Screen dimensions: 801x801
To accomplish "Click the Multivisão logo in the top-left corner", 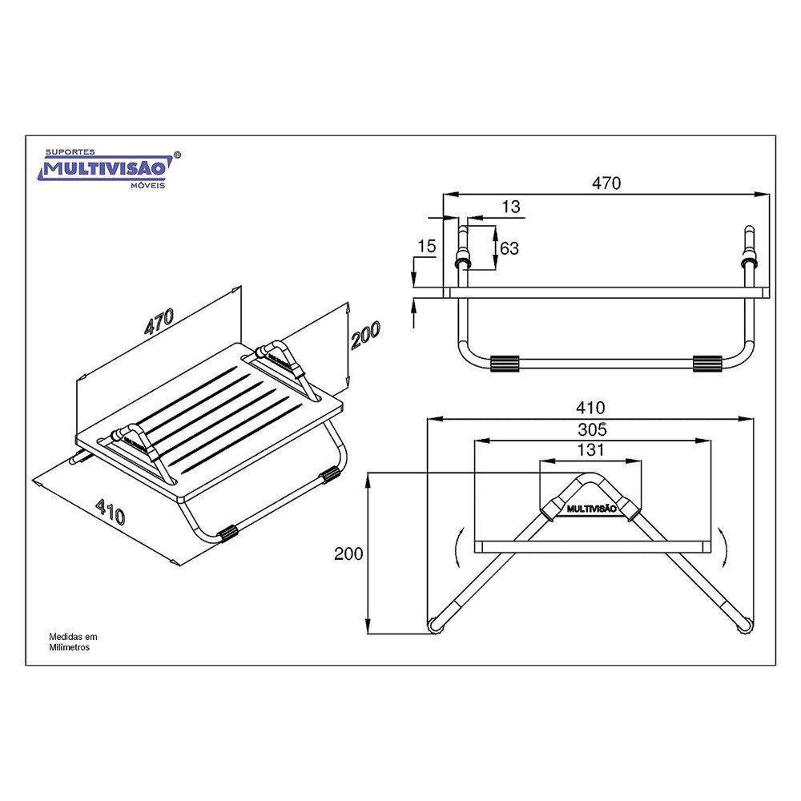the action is click(110, 168).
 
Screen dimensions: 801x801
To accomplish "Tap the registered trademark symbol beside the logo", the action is click(177, 155).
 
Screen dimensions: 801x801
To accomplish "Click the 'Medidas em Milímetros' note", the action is click(73, 642).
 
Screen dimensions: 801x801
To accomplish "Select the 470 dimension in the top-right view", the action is click(606, 183).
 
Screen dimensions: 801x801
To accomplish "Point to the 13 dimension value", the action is click(511, 207).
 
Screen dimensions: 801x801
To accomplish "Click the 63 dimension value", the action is click(509, 248).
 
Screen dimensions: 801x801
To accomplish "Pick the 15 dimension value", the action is click(427, 246).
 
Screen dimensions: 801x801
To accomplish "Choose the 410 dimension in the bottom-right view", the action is click(590, 408).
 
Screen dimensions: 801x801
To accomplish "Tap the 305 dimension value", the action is click(593, 429).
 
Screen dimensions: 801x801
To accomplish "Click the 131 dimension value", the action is click(591, 449).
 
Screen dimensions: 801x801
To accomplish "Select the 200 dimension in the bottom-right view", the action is click(349, 553).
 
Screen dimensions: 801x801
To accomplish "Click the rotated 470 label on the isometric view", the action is click(159, 321).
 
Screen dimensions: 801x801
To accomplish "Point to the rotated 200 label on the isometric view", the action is click(365, 335).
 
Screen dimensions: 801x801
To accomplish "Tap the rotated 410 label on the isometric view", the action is click(111, 513).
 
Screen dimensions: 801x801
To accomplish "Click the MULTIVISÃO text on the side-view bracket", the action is click(591, 509).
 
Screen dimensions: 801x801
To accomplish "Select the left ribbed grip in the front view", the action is click(504, 363).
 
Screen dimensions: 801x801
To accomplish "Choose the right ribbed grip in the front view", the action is click(707, 363).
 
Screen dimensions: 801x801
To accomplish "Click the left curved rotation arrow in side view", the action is click(457, 547).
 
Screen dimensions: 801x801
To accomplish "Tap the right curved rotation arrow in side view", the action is click(723, 547).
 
